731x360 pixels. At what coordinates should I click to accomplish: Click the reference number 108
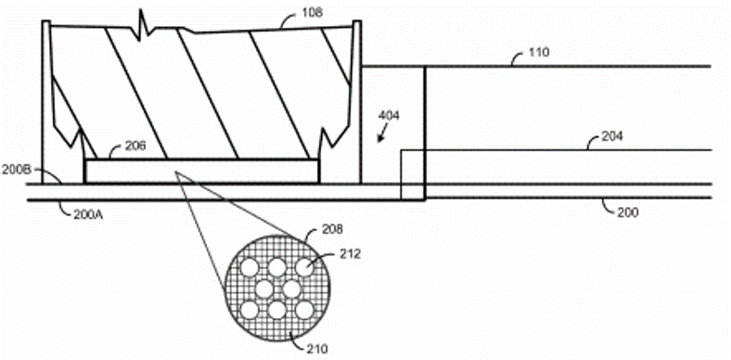[x=313, y=13]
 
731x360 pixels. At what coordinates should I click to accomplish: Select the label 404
[x=389, y=116]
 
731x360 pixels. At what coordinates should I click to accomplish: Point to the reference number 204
[x=610, y=136]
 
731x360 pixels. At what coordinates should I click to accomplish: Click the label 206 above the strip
[x=135, y=146]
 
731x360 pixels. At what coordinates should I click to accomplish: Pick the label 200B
[x=17, y=171]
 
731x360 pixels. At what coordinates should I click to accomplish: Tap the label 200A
[x=87, y=215]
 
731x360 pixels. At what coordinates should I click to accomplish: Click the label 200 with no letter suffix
[x=628, y=212]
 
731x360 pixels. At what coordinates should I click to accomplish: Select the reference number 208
[x=332, y=229]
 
